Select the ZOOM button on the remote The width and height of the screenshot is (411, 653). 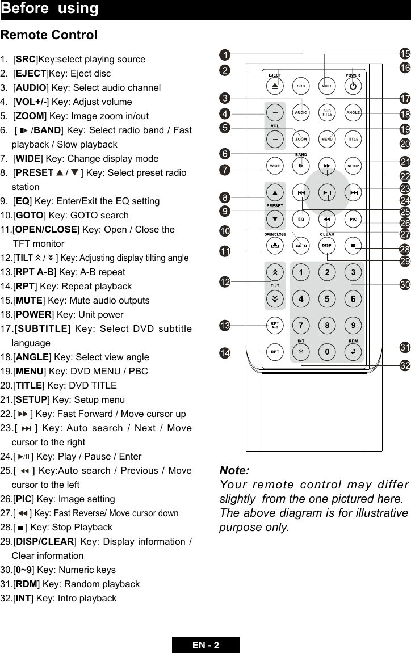300,139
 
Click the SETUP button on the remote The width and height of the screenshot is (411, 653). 353,166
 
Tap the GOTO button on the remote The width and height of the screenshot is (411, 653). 300,246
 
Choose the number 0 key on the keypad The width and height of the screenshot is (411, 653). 327,352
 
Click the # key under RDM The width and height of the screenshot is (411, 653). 353,352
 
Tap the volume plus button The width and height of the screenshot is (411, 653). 274,112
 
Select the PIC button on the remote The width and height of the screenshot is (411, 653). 353,218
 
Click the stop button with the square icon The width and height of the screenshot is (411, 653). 353,246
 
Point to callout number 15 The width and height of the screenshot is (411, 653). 404,54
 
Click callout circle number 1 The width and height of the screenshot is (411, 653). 225,55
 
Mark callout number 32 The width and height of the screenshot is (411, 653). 404,366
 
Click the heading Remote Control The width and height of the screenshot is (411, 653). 49,35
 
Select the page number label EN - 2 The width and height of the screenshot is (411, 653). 205,645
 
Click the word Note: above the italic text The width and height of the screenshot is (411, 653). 234,471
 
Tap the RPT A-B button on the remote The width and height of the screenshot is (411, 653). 274,325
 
